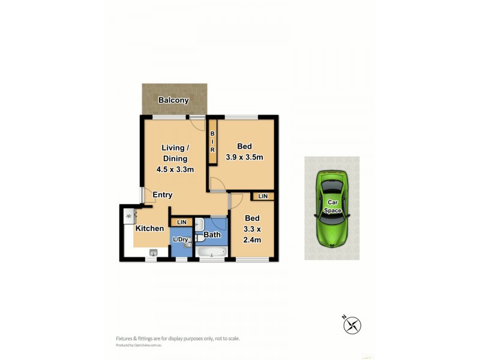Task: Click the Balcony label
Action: [x=173, y=100]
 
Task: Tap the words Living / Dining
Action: [x=175, y=153]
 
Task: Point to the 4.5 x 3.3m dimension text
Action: [x=175, y=169]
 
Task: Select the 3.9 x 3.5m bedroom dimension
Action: [x=244, y=157]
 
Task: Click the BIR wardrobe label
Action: [x=212, y=142]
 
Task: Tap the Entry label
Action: [x=163, y=195]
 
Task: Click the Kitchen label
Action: [x=149, y=229]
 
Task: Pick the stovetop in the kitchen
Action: [x=128, y=216]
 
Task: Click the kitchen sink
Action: [x=152, y=253]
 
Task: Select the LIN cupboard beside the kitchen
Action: [x=181, y=223]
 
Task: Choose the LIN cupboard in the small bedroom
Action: [x=263, y=196]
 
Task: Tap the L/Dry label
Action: [x=180, y=240]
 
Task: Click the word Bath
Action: [x=212, y=235]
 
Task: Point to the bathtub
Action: [x=212, y=252]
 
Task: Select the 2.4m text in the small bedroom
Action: [x=252, y=240]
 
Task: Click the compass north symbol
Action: [x=352, y=325]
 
